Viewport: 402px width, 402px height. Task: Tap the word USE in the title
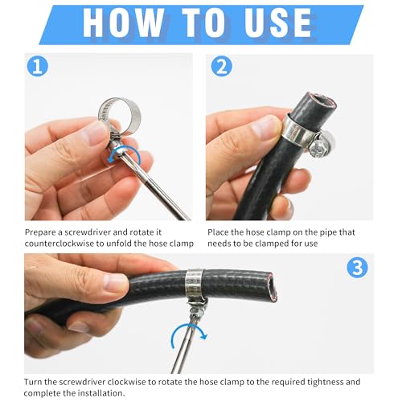coord(277,23)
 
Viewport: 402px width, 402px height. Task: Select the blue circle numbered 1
coord(38,66)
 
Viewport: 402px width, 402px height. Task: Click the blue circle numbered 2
coord(221,66)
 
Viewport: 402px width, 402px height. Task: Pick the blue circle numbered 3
coord(357,268)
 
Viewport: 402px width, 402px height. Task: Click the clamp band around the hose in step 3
coord(195,285)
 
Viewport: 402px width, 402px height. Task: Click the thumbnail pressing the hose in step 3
coord(116,283)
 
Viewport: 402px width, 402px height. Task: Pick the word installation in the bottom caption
coord(100,393)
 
